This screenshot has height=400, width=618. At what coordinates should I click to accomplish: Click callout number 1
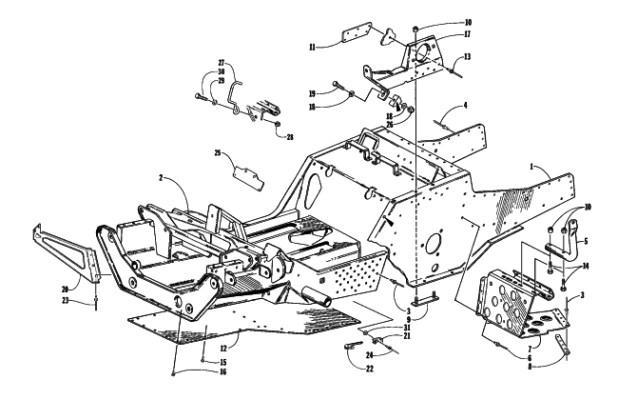[531, 167]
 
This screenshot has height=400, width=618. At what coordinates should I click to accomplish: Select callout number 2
[161, 178]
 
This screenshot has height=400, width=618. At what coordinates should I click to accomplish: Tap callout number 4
[465, 105]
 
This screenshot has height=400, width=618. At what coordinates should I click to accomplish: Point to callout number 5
[586, 241]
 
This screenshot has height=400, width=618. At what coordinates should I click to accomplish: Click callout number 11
[313, 48]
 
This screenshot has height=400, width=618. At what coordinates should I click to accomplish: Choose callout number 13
[467, 57]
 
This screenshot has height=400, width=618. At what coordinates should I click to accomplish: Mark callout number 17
[467, 34]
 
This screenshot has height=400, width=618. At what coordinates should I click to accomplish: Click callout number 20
[65, 290]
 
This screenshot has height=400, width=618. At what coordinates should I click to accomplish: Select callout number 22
[369, 369]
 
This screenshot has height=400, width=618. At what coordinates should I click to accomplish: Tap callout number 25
[218, 152]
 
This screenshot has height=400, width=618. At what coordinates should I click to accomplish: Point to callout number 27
[222, 63]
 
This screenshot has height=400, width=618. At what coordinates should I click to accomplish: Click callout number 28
[290, 137]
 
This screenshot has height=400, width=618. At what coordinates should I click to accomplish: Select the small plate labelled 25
[249, 178]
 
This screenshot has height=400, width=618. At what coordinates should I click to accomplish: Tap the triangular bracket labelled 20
[67, 252]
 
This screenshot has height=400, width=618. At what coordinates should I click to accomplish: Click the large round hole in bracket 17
[422, 53]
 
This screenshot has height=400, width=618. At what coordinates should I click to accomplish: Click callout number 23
[65, 301]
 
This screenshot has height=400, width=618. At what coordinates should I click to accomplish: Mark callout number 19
[312, 93]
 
